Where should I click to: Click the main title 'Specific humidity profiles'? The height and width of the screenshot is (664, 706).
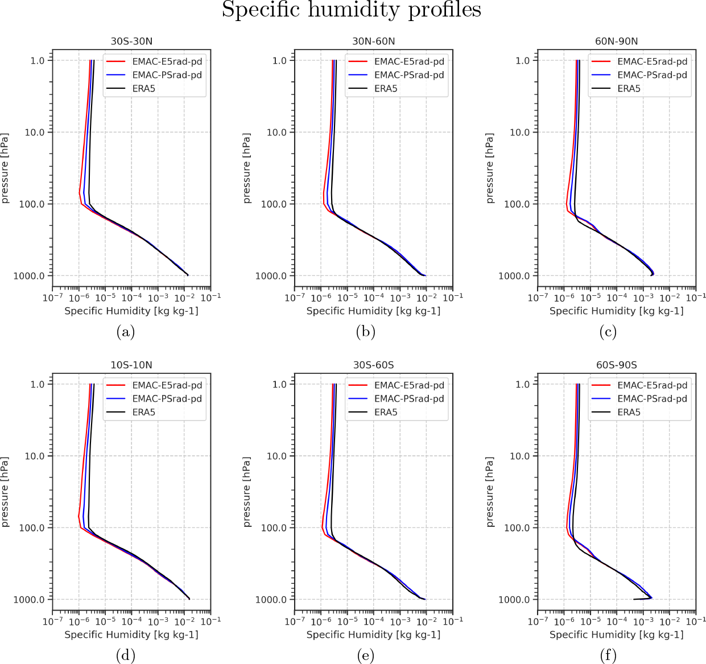tap(351, 10)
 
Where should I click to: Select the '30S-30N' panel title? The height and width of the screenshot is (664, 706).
tap(131, 41)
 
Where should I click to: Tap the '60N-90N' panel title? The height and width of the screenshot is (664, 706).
tap(616, 41)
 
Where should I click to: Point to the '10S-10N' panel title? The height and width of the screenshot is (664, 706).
tap(131, 365)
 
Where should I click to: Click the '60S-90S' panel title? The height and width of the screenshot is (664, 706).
tap(616, 365)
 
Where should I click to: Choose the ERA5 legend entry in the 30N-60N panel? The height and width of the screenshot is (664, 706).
tap(386, 89)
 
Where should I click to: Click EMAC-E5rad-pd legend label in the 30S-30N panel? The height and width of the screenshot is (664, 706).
tap(167, 61)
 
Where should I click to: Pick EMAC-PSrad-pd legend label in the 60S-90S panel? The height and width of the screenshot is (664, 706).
tap(652, 399)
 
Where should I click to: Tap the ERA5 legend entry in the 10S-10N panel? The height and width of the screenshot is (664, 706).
tap(144, 413)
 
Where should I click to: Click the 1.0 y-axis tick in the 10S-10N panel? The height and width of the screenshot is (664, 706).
tap(38, 384)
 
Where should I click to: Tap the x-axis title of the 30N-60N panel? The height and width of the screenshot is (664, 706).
tap(373, 311)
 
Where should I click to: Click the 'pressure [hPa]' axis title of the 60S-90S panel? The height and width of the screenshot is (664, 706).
tap(490, 492)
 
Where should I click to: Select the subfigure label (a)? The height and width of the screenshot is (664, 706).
tap(125, 332)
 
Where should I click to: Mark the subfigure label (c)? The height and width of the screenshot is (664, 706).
tap(608, 332)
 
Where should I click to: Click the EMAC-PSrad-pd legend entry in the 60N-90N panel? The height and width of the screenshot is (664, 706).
tap(652, 75)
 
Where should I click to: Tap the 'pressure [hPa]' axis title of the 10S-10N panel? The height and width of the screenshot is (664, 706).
tap(5, 492)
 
